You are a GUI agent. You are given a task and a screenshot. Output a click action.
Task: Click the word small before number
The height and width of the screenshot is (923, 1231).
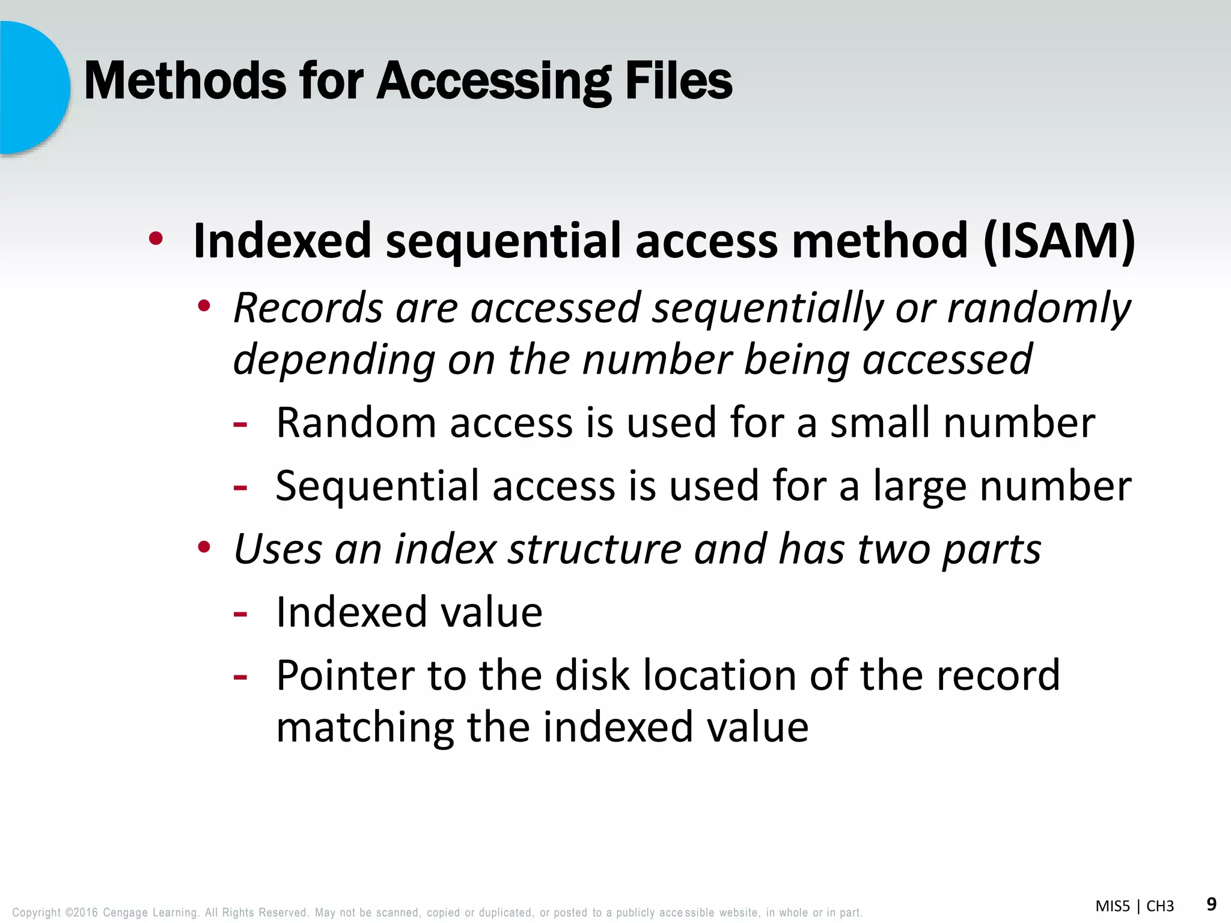tap(881, 423)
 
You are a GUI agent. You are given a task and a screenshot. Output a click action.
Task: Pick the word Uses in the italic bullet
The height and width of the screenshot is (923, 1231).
tap(278, 549)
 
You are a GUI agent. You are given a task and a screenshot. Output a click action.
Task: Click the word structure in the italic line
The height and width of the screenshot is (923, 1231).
tap(594, 549)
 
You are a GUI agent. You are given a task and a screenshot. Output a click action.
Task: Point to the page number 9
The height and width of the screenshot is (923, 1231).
tap(1211, 904)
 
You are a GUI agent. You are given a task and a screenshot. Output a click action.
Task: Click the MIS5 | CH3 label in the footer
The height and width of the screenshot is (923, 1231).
tap(1134, 906)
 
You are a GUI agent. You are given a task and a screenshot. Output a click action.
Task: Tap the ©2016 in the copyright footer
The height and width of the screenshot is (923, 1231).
tap(81, 913)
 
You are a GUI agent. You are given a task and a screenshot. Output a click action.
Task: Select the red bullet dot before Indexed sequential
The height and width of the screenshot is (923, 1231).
tap(156, 239)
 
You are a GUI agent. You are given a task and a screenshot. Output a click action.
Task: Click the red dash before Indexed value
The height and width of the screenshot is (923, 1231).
tap(240, 614)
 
